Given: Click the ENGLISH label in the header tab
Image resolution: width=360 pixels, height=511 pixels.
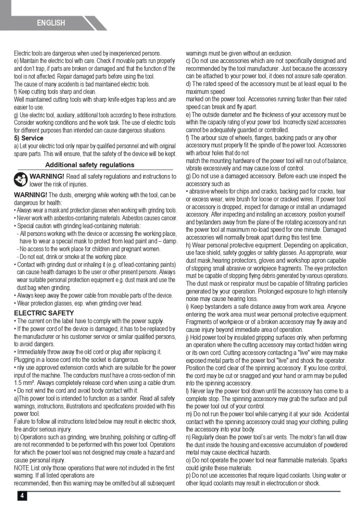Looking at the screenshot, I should pos(51,23).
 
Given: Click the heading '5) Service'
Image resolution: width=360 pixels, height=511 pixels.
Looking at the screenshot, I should pos(29,138).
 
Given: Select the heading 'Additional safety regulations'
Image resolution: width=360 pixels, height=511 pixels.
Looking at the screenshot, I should pos(89,165).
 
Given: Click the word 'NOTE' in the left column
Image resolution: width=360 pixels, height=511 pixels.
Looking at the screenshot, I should pos(22,468).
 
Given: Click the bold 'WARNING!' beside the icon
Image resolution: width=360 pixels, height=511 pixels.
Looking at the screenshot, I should pos(47,176).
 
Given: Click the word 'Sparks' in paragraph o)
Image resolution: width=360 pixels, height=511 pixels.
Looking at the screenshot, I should pos(337,460).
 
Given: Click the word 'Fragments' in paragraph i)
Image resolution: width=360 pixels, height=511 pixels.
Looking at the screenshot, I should pos(199,322).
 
